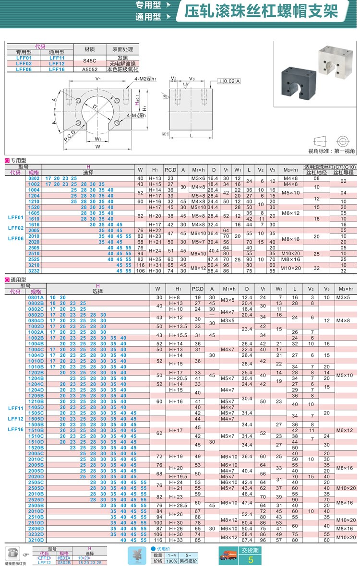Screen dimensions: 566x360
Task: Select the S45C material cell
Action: tap(90, 60)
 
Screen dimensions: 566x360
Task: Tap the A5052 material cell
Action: tap(90, 69)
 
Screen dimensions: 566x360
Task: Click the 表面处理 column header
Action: tap(122, 49)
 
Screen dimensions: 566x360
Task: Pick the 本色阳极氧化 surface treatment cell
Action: tap(122, 69)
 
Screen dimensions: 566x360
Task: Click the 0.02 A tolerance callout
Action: tap(229, 82)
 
